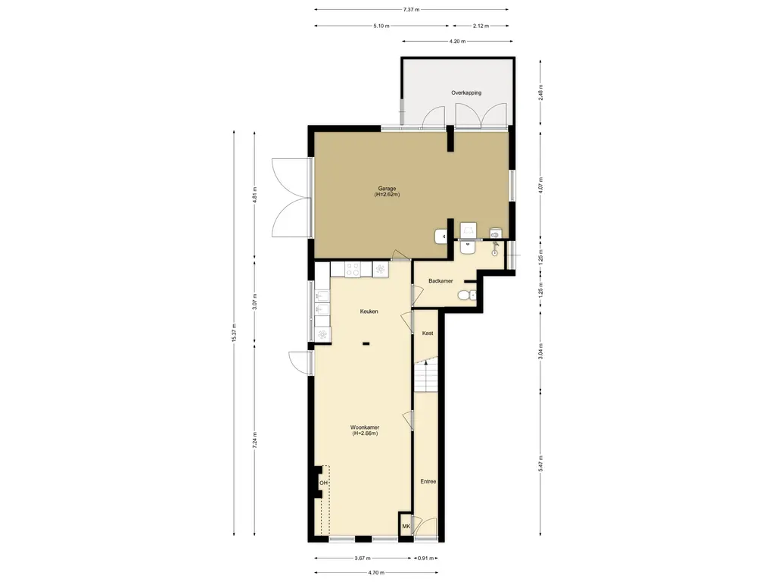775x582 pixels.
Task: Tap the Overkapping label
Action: (466, 92)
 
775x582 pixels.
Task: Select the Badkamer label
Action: (440, 281)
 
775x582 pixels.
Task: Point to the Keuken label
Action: (369, 311)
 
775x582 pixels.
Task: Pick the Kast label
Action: (428, 333)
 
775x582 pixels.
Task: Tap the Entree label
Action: (428, 481)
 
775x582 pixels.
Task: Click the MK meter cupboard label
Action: (406, 526)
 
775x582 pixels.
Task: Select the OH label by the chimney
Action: (323, 483)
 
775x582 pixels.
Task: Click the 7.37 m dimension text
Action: (411, 9)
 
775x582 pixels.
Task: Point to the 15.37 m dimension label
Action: (234, 333)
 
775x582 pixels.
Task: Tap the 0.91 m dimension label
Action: (425, 559)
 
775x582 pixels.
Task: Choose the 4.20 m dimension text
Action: (457, 42)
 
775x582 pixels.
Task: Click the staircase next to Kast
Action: (426, 376)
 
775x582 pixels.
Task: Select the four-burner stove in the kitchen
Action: (353, 269)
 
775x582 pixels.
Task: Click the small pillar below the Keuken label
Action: (366, 343)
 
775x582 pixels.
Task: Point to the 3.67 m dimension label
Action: (363, 559)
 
